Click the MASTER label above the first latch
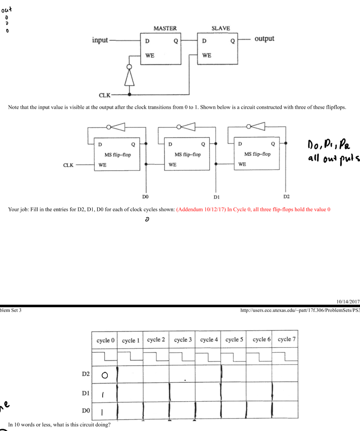click(165, 28)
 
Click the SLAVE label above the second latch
click(221, 28)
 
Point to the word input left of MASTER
click(100, 40)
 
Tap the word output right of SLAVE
click(264, 39)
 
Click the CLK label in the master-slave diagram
click(104, 95)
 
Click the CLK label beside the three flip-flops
click(69, 165)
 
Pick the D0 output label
click(146, 197)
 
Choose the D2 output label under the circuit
click(286, 197)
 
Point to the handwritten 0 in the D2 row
click(104, 375)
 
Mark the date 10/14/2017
click(349, 300)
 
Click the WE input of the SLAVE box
click(207, 55)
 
